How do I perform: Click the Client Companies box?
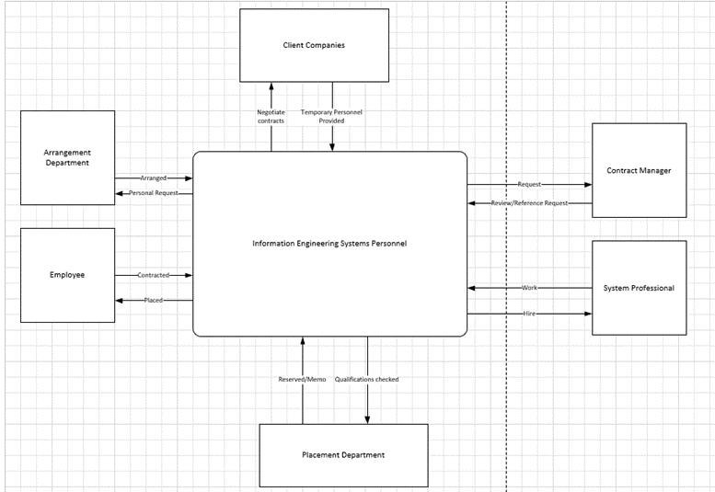pyautogui.click(x=314, y=45)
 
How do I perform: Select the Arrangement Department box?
pyautogui.click(x=67, y=157)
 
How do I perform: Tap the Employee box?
pyautogui.click(x=67, y=275)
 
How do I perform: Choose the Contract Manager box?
pyautogui.click(x=639, y=170)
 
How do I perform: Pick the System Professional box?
pyautogui.click(x=639, y=288)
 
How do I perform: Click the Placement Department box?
pyautogui.click(x=343, y=454)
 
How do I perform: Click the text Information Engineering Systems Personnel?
pyautogui.click(x=329, y=244)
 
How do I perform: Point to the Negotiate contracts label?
pyautogui.click(x=271, y=116)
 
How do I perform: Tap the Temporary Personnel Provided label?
pyautogui.click(x=332, y=116)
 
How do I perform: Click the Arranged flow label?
pyautogui.click(x=154, y=177)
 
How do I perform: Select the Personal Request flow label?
pyautogui.click(x=154, y=193)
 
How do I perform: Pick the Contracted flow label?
pyautogui.click(x=154, y=275)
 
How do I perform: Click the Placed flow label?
pyautogui.click(x=154, y=300)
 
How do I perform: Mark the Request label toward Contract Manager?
pyautogui.click(x=529, y=185)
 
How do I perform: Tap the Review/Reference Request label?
pyautogui.click(x=529, y=202)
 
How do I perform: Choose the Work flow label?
pyautogui.click(x=529, y=288)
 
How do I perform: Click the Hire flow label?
pyautogui.click(x=529, y=314)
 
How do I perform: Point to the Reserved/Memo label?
pyautogui.click(x=302, y=379)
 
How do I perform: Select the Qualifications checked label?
pyautogui.click(x=367, y=379)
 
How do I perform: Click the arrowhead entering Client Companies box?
pyautogui.click(x=271, y=86)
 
